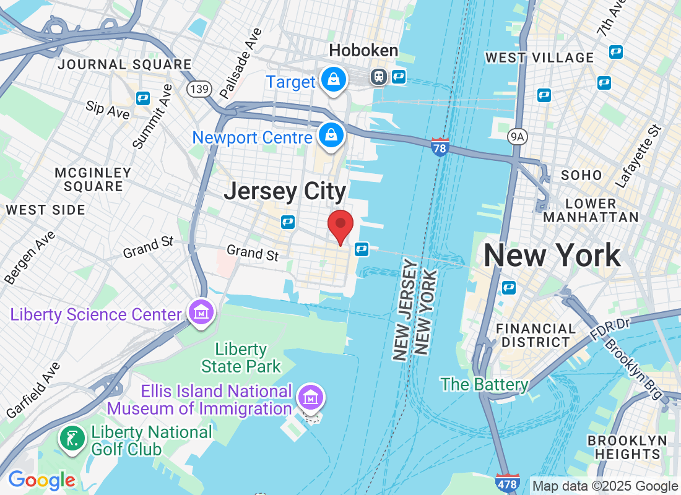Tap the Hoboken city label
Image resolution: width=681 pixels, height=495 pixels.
point(363,51)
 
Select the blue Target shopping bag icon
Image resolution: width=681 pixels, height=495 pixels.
point(334,80)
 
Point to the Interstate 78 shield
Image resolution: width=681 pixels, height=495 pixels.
point(440,147)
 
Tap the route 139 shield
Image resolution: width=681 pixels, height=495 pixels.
point(198,90)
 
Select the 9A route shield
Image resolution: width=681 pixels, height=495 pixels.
point(517,136)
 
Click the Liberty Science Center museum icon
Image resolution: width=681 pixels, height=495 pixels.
point(201,314)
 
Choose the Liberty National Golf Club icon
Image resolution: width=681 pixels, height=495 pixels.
point(72,439)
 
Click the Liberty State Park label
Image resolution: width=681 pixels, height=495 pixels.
point(241,358)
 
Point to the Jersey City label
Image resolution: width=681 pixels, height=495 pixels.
point(285,191)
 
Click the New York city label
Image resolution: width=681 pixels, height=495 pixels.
point(552,255)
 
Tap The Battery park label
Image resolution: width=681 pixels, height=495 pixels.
point(484,384)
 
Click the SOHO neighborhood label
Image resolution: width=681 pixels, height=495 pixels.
point(581,175)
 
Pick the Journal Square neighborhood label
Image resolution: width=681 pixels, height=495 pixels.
point(124,64)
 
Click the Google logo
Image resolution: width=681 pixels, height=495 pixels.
point(42,480)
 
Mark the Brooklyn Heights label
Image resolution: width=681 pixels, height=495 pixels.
point(628,447)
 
